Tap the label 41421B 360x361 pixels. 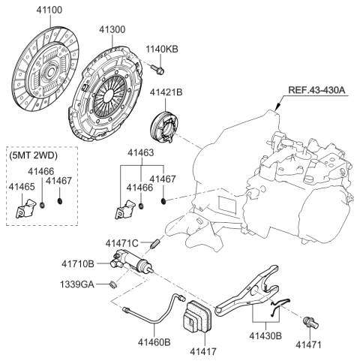(166, 93)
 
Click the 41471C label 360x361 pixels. (121, 243)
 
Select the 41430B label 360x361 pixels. (265, 335)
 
